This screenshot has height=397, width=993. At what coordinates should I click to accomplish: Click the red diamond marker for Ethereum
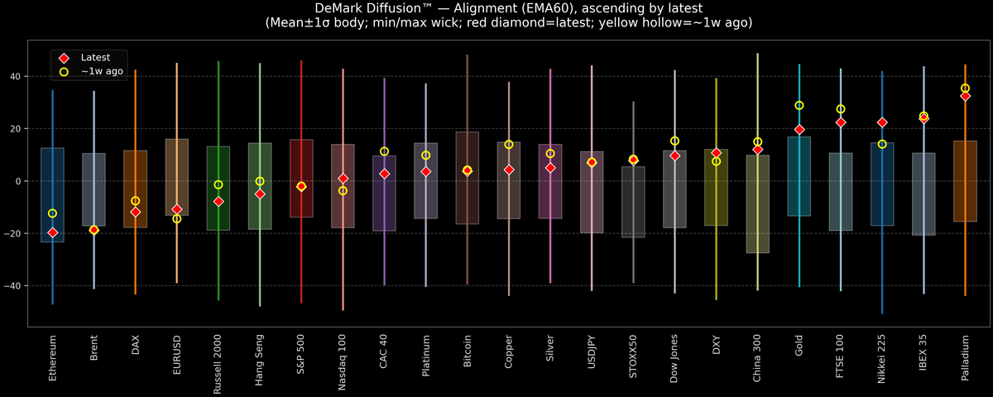click(52, 232)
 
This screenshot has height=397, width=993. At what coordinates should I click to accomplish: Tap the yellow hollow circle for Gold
click(799, 106)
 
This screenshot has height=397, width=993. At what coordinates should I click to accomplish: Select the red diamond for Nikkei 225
click(882, 122)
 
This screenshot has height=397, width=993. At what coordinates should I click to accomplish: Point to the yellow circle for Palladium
click(965, 88)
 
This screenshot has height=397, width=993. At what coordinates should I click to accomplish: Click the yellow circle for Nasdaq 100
click(343, 191)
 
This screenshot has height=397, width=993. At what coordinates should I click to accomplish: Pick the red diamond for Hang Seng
click(260, 194)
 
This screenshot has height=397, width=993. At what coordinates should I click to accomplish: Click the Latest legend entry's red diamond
click(64, 58)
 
